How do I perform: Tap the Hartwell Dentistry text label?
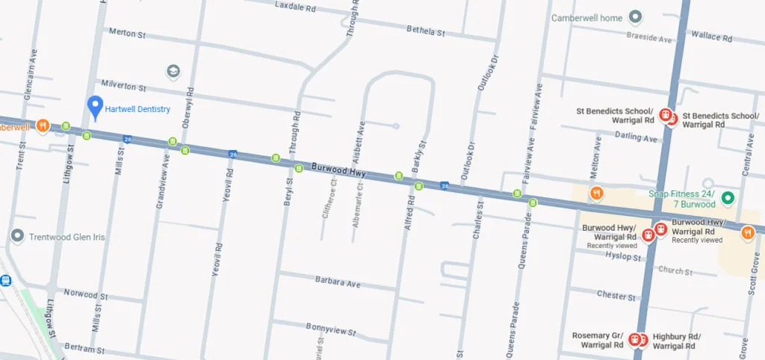pos(137,109)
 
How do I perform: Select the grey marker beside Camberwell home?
pos(635,16)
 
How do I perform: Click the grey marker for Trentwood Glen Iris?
pos(18,236)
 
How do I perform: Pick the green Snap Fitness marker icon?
pos(728,198)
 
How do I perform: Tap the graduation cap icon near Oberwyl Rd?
pos(173,71)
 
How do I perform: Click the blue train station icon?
pos(6,281)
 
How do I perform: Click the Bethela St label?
pos(425,31)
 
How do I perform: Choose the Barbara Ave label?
pos(337,284)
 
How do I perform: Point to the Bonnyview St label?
pos(329,326)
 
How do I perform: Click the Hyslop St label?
pos(622,258)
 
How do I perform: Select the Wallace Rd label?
pos(711,36)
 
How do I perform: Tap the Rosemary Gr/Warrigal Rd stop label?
pos(597,341)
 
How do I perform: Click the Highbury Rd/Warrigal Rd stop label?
pos(677,341)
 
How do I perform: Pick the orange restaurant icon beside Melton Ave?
pos(596,194)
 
